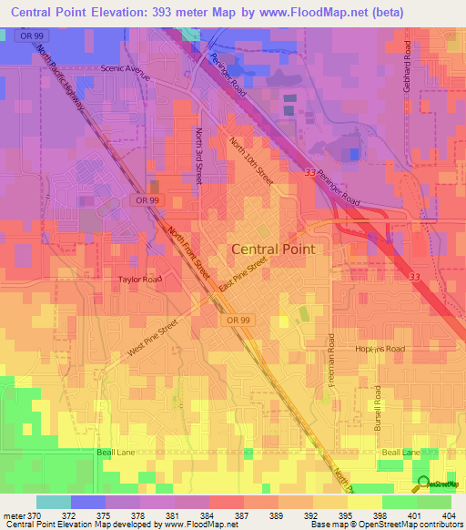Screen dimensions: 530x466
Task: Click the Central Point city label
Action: pos(273,249)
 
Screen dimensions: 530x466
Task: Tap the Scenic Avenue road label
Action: pos(127,68)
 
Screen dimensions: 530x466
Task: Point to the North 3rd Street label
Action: pos(198,155)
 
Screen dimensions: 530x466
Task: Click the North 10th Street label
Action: pos(250,159)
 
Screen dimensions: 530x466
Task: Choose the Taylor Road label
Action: pos(138,280)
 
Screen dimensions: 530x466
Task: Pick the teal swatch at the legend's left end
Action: pos(53,502)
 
